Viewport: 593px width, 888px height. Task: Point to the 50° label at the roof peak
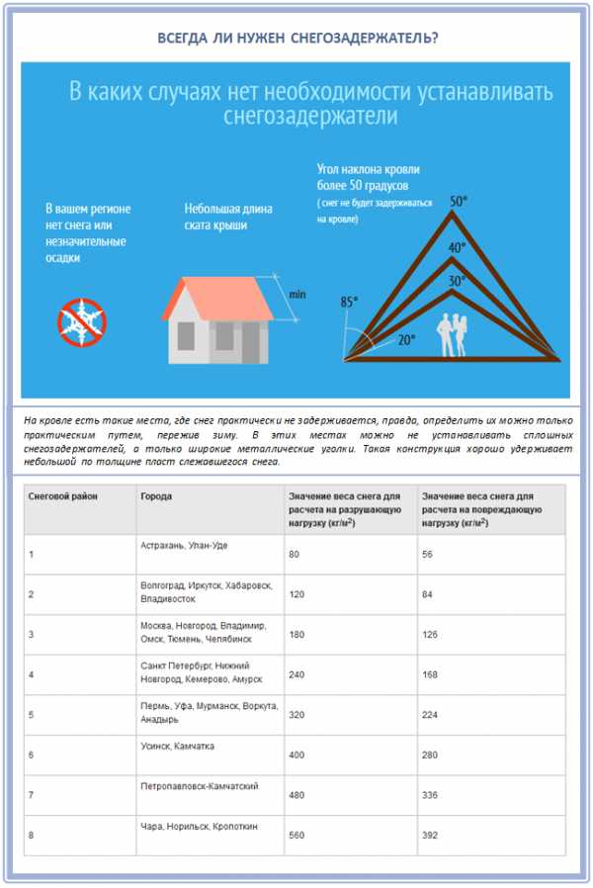(x=458, y=202)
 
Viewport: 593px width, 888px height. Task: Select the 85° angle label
(x=349, y=302)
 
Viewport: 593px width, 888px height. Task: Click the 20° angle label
(x=406, y=338)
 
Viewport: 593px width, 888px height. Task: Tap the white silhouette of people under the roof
(x=455, y=334)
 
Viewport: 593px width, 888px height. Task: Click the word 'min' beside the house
(x=296, y=295)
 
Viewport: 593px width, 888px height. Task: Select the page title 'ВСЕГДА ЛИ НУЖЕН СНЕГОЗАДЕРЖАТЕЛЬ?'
(x=296, y=38)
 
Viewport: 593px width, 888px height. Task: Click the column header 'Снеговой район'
(x=63, y=494)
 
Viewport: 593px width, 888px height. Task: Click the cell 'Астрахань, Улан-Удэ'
(x=184, y=545)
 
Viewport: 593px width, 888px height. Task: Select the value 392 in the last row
(x=429, y=836)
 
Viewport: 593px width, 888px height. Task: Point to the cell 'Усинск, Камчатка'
(x=177, y=746)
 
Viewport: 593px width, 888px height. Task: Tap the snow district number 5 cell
(x=32, y=715)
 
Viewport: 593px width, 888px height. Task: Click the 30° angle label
(x=456, y=281)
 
